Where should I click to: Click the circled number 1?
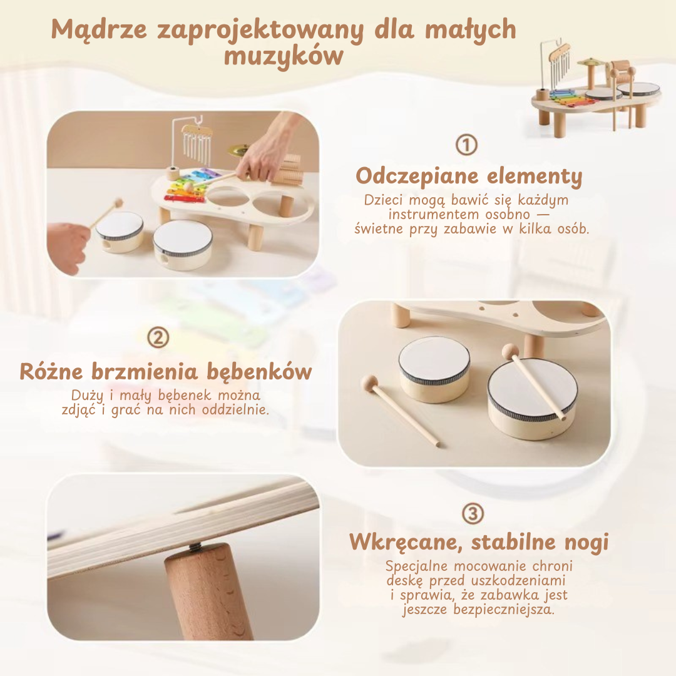click(x=466, y=145)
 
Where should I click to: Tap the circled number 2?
click(x=158, y=339)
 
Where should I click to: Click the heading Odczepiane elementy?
click(x=469, y=177)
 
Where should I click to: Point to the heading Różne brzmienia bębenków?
click(x=166, y=371)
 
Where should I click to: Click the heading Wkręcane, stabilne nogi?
click(x=479, y=541)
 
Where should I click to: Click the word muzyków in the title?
click(x=284, y=56)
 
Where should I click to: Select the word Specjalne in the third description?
click(x=414, y=566)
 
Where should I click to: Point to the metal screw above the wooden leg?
click(x=194, y=548)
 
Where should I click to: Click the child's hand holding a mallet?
click(x=68, y=246)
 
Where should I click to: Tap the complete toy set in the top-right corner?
click(x=595, y=88)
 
